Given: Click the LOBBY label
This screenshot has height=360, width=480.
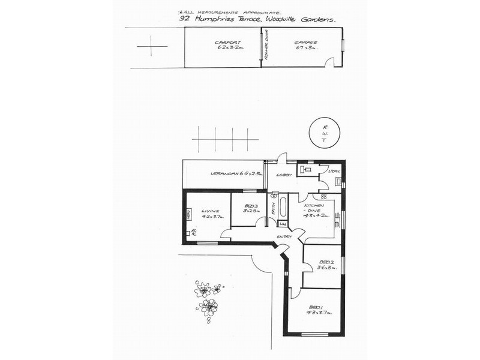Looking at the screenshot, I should coord(283,175).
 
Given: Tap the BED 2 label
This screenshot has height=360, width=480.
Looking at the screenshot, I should coord(326,262).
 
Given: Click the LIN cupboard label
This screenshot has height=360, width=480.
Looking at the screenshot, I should coord(283,224).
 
